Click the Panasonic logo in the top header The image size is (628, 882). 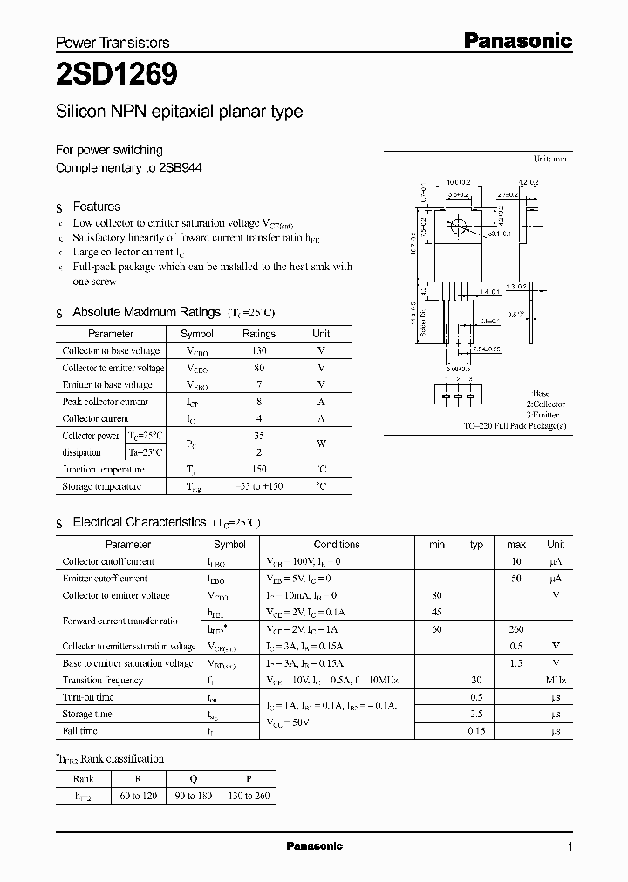point(516,40)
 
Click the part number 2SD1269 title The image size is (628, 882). point(118,76)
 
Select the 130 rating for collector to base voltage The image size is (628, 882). point(258,350)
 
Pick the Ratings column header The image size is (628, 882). point(258,334)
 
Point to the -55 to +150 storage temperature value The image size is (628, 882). point(258,486)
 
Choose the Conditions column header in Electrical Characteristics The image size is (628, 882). point(337,545)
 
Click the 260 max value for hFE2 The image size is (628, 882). point(516,629)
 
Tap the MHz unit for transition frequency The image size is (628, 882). point(556,681)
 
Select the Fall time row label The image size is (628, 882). point(80,731)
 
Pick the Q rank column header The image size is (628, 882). point(193,778)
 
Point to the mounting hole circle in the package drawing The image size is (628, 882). point(456,227)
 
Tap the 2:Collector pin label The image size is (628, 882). point(545,404)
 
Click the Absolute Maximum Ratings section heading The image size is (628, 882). point(147,312)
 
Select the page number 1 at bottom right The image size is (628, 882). point(570,846)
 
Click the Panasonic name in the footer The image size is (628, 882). point(315,846)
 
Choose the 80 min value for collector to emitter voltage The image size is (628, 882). point(437,596)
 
